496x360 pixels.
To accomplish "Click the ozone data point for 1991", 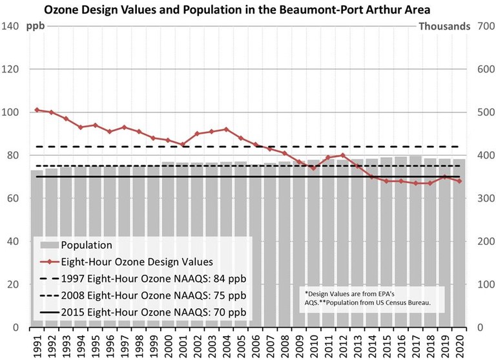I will (x=37, y=110).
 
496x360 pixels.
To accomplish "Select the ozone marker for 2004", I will (x=226, y=129).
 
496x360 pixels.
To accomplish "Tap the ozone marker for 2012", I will (x=342, y=155).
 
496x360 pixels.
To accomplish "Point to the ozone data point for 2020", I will (x=459, y=181).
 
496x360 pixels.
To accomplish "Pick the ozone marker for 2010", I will (x=313, y=168).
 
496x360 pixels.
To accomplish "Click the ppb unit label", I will (x=35, y=26).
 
